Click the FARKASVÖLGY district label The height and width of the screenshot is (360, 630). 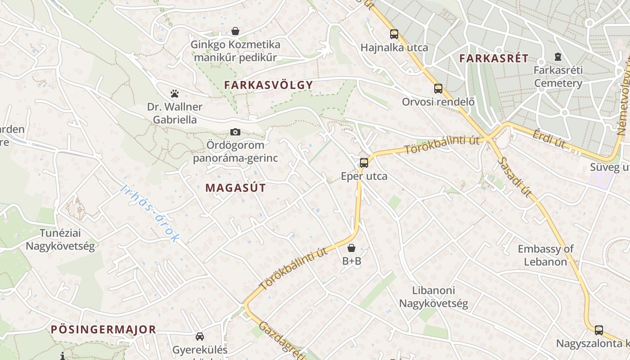point(268,85)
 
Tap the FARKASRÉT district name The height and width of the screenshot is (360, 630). point(494,58)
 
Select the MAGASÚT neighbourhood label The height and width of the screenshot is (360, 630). point(235,188)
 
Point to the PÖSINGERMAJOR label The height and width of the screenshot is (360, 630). point(103,329)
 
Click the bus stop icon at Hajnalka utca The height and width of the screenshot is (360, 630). point(394,34)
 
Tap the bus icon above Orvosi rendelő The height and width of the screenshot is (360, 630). point(438,88)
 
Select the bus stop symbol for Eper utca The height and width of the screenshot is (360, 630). point(364,162)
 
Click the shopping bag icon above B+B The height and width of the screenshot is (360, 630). point(351,247)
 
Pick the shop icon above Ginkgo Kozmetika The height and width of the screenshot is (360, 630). point(235,31)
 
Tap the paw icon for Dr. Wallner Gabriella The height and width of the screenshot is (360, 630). point(175,94)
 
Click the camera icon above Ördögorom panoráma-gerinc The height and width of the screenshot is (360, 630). point(235,132)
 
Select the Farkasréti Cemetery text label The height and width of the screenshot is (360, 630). point(558,76)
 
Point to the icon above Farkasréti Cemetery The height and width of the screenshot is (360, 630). point(558,57)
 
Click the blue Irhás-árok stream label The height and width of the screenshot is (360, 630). point(150,213)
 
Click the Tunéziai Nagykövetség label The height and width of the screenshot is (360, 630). point(60,239)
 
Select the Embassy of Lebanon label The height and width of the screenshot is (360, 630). point(545,255)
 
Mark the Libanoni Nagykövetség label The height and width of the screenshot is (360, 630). point(434,297)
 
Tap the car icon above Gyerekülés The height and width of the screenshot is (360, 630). point(200,336)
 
